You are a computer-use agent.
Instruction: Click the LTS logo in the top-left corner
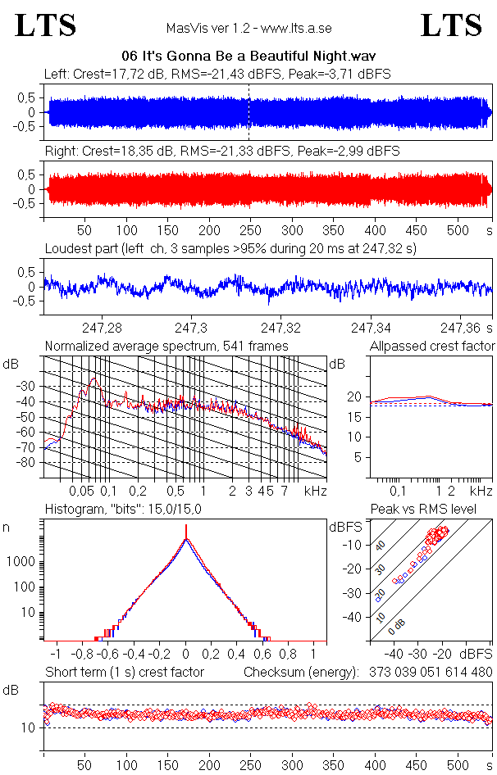coord(46,25)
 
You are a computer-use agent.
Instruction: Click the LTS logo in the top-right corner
coord(451,25)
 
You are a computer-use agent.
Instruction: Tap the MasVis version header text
coord(248,29)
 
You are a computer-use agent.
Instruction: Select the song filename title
coord(248,57)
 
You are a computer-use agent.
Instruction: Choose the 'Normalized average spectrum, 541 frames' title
coord(166,347)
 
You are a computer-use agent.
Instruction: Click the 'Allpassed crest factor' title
coord(432,347)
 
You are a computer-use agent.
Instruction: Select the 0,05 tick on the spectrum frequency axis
coord(81,491)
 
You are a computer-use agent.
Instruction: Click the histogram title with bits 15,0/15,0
coord(123,510)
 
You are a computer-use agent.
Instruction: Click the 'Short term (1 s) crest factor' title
coord(124,673)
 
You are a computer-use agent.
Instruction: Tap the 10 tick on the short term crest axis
coord(28,727)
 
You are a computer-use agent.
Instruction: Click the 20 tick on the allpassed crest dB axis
coord(355,397)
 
